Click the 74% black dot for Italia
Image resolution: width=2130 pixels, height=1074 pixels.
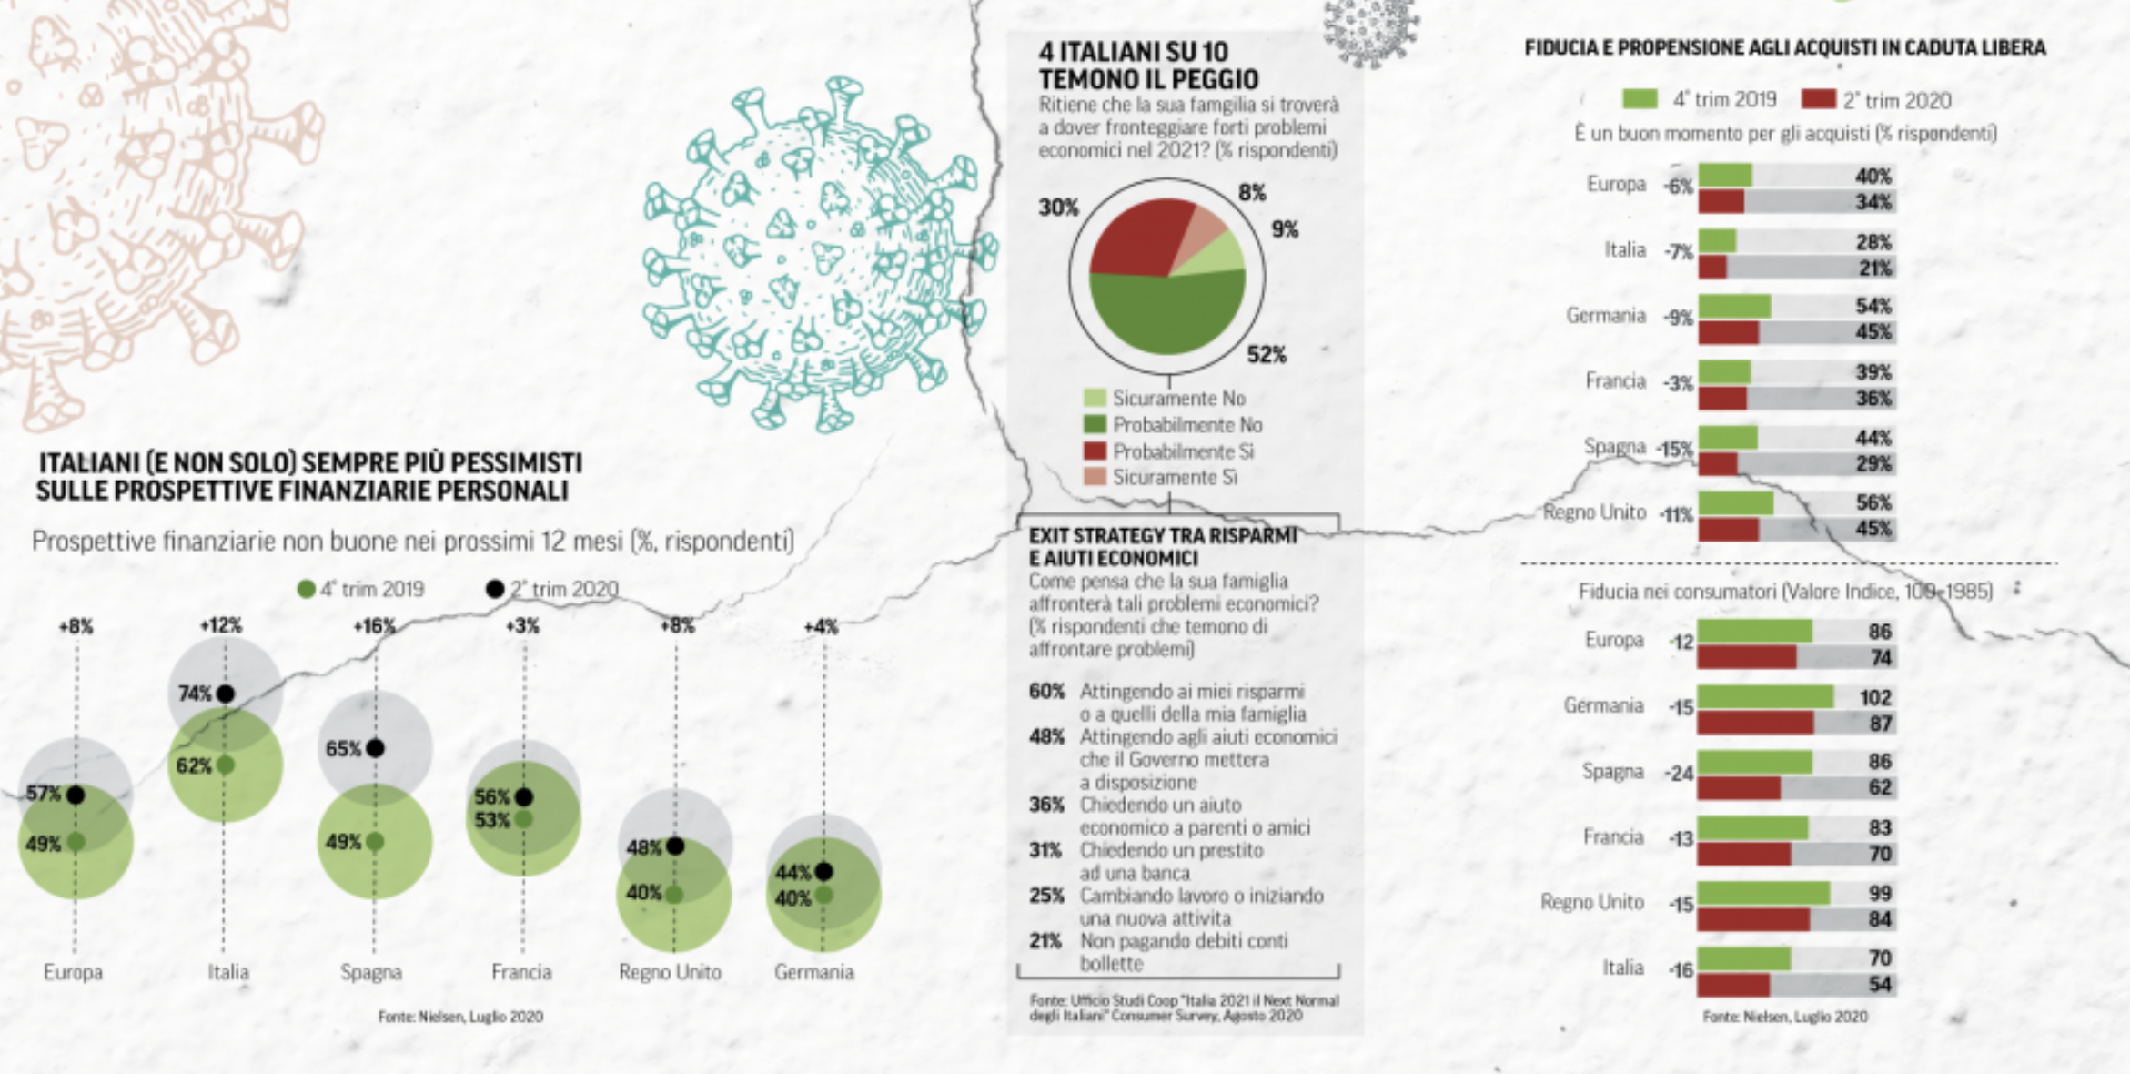(226, 694)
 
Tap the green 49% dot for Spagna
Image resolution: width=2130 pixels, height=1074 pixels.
(375, 842)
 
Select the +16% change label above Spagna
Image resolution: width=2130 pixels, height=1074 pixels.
(374, 626)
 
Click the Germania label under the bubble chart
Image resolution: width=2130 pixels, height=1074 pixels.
(814, 972)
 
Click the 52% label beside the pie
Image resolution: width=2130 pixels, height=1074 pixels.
(1267, 355)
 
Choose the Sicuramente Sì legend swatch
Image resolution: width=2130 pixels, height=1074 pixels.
(1095, 477)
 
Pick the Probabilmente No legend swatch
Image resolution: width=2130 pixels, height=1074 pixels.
(1095, 425)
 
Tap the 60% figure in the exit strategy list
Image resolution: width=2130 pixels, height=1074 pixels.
(1046, 691)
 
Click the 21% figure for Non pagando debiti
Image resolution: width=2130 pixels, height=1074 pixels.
(1045, 941)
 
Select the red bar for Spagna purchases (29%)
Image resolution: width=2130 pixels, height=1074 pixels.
(1718, 464)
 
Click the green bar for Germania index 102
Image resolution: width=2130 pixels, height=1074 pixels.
(1765, 697)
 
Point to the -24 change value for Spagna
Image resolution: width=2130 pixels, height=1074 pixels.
(1680, 774)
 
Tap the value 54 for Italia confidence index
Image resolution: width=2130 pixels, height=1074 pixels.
(1880, 984)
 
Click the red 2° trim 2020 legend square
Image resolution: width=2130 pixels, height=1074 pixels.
(1818, 99)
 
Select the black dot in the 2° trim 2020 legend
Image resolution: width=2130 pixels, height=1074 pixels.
(495, 589)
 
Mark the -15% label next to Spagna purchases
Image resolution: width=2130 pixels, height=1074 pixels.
(1675, 449)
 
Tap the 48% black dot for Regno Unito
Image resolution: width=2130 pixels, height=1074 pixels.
(675, 846)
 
